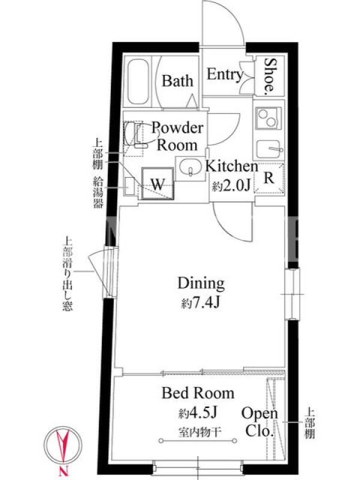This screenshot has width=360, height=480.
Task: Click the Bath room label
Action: pos(178,81)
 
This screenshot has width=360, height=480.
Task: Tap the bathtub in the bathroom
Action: pos(139,82)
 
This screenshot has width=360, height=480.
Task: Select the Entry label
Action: pos(225,74)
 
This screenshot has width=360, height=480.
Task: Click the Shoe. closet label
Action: pos(270,74)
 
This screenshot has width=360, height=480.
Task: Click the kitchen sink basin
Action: pos(268,149)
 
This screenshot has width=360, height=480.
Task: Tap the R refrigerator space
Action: pos(269,178)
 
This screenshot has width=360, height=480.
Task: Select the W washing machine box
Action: pos(158,184)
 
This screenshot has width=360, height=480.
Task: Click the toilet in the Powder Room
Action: pos(137,134)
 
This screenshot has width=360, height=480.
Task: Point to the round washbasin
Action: pos(190,168)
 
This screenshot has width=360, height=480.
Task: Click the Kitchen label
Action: pos(232,166)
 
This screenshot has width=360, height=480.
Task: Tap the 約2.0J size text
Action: pos(232,185)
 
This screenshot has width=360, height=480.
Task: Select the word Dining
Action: pos(201,284)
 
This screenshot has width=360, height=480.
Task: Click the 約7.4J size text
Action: pos(201,303)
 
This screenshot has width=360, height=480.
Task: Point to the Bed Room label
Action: pos(198,394)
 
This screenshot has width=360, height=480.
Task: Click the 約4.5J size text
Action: pos(198,413)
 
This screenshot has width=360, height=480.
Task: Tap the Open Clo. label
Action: pos(260,422)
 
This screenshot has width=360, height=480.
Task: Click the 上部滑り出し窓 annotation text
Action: pos(67,274)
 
